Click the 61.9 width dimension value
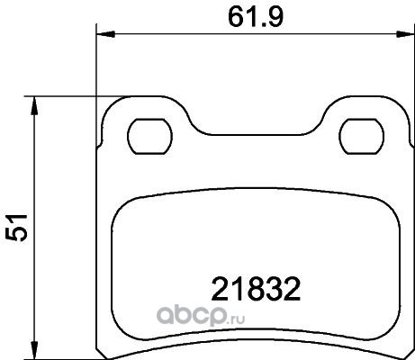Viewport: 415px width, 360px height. point(256,17)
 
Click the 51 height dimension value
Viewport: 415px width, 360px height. point(16,228)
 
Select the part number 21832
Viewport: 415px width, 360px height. point(256,289)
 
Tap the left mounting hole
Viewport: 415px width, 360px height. point(150,137)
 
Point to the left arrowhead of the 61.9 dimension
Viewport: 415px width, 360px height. point(105,34)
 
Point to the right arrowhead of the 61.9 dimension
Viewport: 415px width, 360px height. point(405,34)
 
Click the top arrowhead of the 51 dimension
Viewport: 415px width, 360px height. point(35,105)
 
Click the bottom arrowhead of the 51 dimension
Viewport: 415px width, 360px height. point(35,350)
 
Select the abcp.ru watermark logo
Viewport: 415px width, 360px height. point(201,316)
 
